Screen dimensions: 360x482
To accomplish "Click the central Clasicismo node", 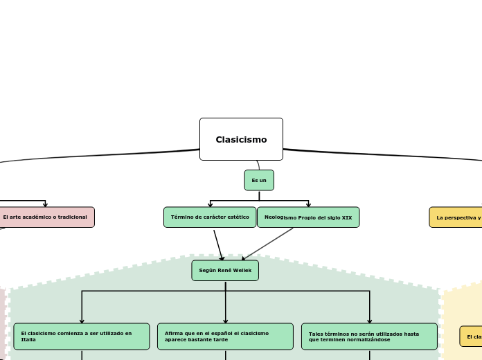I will pos(241,139).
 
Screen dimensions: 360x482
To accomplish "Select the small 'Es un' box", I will pos(259,180).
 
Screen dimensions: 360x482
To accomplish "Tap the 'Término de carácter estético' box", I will pos(210,217).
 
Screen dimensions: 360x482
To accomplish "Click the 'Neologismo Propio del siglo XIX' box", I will pos(308,217).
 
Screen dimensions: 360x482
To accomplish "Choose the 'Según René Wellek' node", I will pos(225,270).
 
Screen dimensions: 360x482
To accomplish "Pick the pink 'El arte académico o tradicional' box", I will pos(46,217).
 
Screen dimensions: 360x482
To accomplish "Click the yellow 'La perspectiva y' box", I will pos(456,217).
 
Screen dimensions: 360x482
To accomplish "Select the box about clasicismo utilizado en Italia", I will pos(82,336).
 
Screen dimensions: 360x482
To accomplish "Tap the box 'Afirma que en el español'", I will pos(225,336).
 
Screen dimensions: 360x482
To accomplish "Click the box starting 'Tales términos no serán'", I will pos(369,336).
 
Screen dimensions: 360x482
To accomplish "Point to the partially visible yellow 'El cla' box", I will pos(471,336).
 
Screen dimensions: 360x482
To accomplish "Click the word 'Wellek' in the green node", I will pos(243,270).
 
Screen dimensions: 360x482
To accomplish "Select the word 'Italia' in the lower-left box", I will pos(28,340).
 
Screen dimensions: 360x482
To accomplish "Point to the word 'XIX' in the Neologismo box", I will pos(347,217).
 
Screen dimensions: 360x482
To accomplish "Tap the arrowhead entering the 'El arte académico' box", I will pos(46,204).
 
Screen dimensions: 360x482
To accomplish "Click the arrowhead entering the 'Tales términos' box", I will pos(369,321).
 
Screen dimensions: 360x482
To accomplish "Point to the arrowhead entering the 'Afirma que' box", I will pos(225,321).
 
